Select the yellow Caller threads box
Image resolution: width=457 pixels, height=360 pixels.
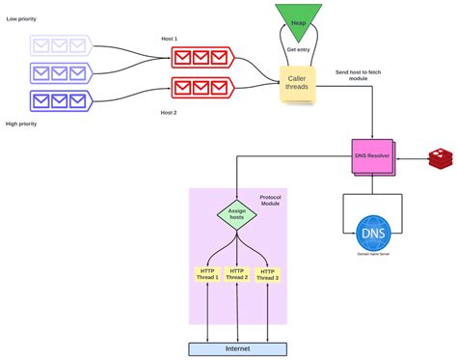coord(298,84)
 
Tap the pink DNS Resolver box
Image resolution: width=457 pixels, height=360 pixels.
coord(371,155)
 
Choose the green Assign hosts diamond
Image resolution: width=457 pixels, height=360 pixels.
coord(235,214)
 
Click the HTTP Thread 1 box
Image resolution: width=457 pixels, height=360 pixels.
coord(207,275)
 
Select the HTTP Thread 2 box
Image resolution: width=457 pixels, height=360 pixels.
coord(236,275)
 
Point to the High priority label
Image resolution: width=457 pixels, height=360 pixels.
coord(26,124)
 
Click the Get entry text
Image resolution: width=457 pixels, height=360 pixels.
coord(298,49)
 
